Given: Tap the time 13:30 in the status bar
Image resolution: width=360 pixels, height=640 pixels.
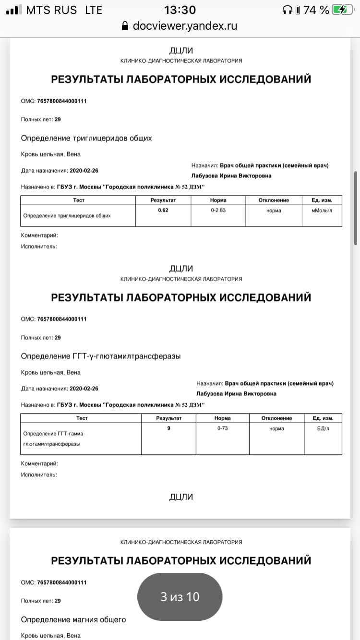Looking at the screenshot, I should [180, 10].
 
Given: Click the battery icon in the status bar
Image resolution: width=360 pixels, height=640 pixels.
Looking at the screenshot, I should [344, 10].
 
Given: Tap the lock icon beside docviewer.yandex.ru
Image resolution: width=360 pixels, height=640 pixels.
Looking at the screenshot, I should [126, 26].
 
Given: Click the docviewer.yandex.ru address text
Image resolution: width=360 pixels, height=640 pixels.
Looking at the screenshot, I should [185, 26].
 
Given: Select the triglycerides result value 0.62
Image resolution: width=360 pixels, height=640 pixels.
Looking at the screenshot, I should [163, 210].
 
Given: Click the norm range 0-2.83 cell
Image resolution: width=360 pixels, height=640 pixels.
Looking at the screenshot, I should [218, 210].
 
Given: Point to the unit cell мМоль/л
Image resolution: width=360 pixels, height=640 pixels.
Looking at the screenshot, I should [322, 210].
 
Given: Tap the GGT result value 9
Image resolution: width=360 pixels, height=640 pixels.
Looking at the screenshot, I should [168, 428].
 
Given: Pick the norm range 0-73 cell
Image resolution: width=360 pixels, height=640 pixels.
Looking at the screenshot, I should [222, 428].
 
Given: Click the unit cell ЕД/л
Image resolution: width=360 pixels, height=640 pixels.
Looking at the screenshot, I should [323, 428].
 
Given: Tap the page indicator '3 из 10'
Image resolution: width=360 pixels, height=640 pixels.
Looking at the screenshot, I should [180, 596].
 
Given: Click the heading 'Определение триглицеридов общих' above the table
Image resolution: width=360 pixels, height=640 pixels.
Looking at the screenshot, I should [86, 138].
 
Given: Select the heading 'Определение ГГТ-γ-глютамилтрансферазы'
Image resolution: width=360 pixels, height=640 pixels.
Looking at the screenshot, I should [101, 356].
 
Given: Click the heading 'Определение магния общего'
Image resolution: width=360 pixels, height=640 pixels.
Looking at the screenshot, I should [73, 619].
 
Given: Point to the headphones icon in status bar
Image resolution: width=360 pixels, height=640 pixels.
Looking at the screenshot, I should [288, 10].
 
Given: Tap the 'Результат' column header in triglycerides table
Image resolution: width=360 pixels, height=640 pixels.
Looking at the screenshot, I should [163, 200].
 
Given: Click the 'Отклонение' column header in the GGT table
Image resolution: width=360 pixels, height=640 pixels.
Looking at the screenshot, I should [276, 418].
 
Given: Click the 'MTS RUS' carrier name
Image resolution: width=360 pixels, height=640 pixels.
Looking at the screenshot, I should [51, 10].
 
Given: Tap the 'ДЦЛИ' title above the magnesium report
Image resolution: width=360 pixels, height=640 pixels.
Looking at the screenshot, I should [181, 497].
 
